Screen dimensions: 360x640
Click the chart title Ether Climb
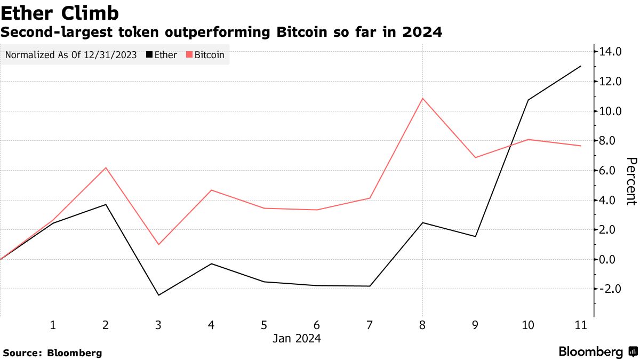click(x=60, y=12)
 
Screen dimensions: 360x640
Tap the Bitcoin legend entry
click(x=205, y=55)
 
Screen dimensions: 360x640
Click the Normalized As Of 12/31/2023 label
click(x=71, y=55)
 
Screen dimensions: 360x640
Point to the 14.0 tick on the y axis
click(x=611, y=52)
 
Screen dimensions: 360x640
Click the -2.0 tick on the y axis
click(x=611, y=289)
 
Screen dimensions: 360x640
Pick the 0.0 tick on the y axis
click(x=611, y=259)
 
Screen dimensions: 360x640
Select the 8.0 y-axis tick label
click(x=611, y=141)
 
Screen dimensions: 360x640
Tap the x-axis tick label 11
click(x=581, y=325)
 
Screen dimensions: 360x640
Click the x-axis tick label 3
click(x=158, y=325)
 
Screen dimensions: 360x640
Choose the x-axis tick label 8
click(x=423, y=325)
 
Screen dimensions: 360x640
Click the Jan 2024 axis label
click(x=297, y=339)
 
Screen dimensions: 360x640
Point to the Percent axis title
click(x=631, y=181)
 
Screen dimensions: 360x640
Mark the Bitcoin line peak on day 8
click(x=423, y=99)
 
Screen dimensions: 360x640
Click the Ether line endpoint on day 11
click(x=581, y=66)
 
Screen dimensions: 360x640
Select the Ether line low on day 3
click(x=158, y=295)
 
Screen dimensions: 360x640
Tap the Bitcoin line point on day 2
click(x=106, y=168)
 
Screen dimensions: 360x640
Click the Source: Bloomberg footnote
click(x=52, y=353)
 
